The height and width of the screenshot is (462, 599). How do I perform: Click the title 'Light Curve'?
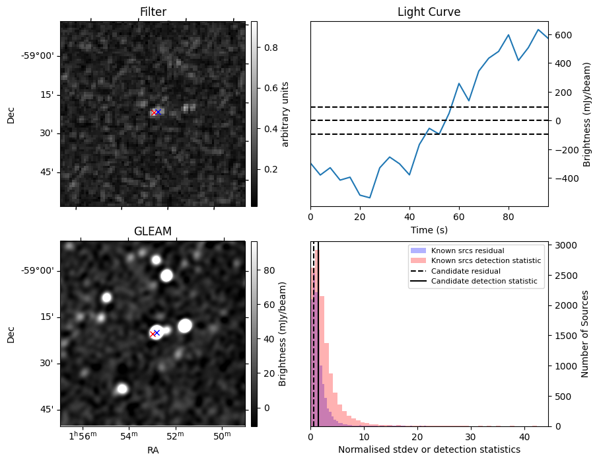coord(429,12)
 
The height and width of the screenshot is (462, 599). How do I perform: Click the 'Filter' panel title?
coord(153,12)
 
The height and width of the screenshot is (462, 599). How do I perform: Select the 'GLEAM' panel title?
coord(153,231)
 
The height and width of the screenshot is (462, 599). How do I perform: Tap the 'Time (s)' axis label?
coord(429,228)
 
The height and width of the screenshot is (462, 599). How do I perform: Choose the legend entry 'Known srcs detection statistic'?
coord(486,261)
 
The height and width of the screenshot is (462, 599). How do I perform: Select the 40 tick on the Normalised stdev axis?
coord(523,437)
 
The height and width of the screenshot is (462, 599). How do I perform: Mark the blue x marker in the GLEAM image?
coord(157,332)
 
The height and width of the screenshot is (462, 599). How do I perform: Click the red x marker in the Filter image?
coord(154,113)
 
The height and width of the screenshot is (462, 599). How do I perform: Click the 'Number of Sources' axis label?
coord(584,334)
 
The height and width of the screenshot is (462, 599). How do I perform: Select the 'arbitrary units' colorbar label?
coord(285,114)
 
